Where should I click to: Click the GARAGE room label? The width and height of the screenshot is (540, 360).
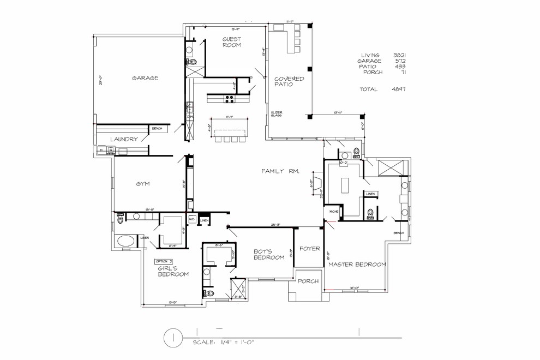(x=145, y=78)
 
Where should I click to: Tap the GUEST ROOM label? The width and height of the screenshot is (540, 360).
(x=232, y=42)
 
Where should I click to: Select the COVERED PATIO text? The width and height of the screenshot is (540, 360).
(x=289, y=82)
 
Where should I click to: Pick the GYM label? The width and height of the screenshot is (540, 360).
(x=143, y=184)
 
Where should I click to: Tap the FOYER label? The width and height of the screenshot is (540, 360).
(x=309, y=248)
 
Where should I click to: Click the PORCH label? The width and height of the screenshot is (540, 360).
(x=308, y=281)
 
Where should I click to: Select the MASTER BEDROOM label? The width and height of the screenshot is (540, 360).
(x=357, y=264)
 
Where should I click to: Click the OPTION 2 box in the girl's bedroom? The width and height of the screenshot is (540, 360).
(x=164, y=261)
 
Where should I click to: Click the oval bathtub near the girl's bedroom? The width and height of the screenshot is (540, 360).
(x=127, y=241)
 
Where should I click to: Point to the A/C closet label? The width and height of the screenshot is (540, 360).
(x=192, y=219)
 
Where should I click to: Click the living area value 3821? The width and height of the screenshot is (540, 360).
(x=399, y=55)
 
